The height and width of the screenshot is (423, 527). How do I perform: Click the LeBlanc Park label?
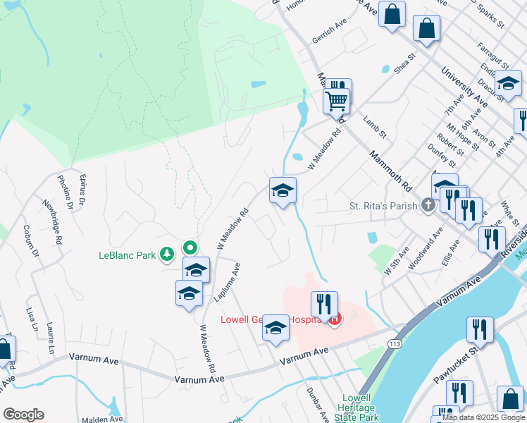click(x=126, y=255)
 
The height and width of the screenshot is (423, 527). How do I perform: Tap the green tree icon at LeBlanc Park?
click(x=167, y=254)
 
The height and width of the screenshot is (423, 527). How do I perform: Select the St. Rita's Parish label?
click(x=385, y=206)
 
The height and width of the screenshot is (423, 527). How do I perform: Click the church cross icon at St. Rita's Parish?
click(x=428, y=205)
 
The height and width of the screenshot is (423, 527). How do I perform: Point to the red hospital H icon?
click(x=335, y=319)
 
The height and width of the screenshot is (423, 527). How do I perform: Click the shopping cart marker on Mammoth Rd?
click(x=337, y=101)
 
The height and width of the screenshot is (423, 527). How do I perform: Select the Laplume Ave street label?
click(x=227, y=282)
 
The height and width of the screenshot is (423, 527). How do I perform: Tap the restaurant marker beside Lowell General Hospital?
click(x=324, y=304)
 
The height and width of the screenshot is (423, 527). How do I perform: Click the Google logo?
click(x=23, y=415)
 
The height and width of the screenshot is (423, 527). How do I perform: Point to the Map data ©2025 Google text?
click(x=483, y=417)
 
